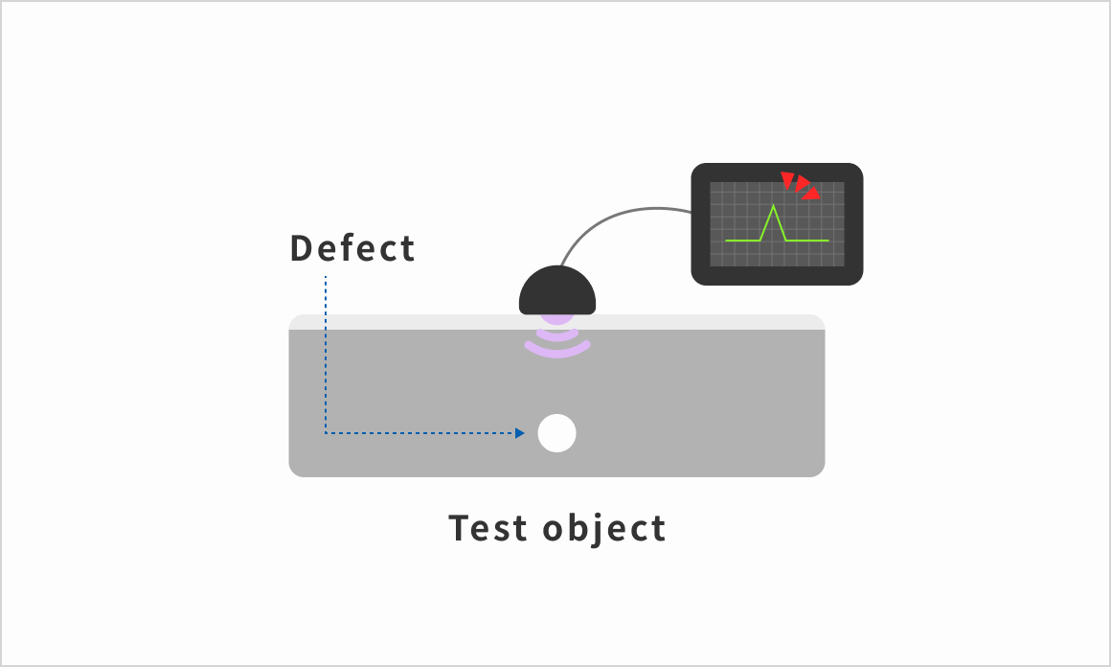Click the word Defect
pos(352,248)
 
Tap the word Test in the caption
pos(488,528)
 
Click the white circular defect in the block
pos(556,433)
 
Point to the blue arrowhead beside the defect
pos(520,433)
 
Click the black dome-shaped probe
pos(557,290)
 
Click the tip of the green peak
pos(774,205)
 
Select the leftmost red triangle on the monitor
pos(787,179)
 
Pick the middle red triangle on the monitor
pos(802,184)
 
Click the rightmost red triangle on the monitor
pos(812,194)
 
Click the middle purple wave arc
pos(557,335)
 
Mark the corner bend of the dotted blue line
pos(326,432)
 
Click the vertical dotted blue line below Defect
pos(326,355)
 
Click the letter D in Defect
pos(301,248)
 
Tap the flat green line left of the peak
pos(742,241)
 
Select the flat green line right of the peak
pos(807,241)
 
